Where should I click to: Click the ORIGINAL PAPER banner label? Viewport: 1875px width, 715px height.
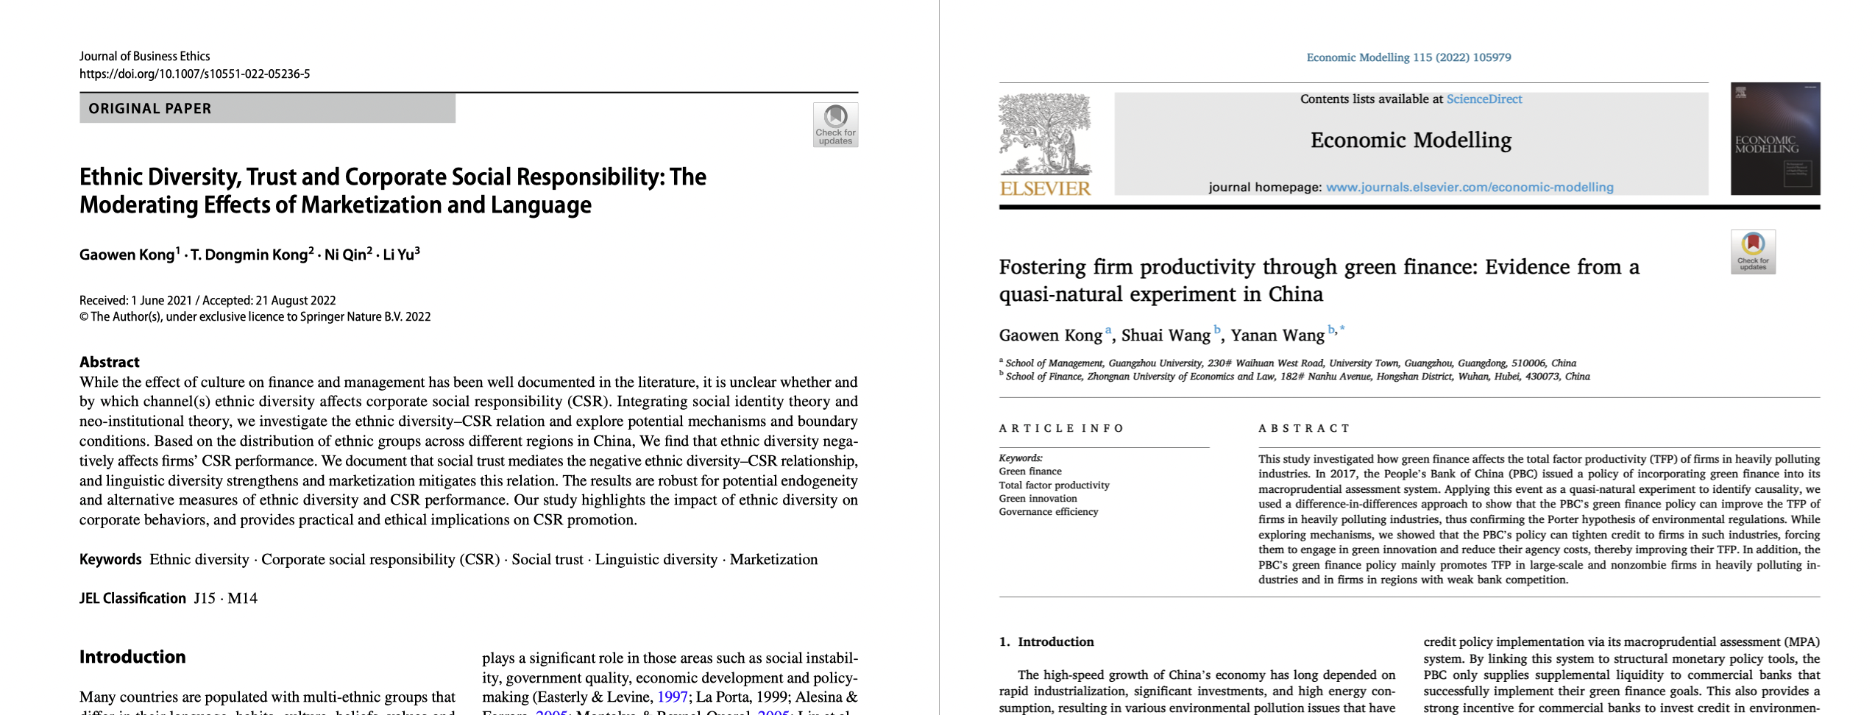coord(150,109)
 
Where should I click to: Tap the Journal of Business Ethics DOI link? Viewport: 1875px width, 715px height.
coord(194,74)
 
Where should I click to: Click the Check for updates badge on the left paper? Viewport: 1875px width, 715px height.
coord(835,124)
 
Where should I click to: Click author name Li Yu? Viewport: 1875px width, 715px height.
coord(399,255)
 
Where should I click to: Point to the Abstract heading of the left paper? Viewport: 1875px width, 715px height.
coord(110,362)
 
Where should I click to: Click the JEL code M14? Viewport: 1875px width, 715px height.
coord(243,599)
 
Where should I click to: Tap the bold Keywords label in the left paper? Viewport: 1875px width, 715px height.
coord(110,560)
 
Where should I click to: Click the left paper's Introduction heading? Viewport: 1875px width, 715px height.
coord(132,657)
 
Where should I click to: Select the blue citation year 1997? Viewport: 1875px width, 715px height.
coord(672,697)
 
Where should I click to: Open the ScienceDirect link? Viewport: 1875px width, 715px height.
coord(1484,99)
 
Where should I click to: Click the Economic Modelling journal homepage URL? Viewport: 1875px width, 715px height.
coord(1470,188)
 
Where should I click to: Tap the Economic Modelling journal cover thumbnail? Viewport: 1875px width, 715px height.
coord(1775,139)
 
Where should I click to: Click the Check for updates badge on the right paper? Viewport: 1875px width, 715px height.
coord(1753,252)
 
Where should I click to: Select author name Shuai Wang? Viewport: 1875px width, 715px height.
coord(1166,335)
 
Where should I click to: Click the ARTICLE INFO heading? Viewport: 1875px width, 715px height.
coord(1060,429)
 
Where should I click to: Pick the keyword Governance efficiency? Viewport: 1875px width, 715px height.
coord(1048,512)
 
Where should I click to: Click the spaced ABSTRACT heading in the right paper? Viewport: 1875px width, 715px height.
coord(1304,429)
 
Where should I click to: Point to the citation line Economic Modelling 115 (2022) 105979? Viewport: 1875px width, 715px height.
coord(1408,57)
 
